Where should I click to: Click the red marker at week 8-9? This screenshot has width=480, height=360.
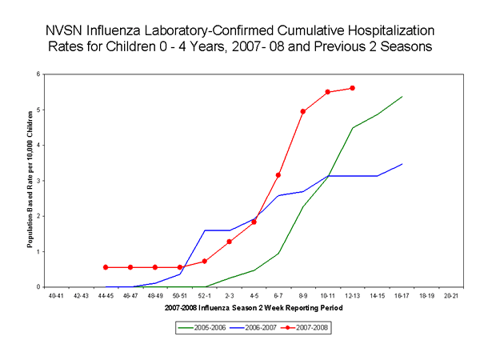pyautogui.click(x=303, y=111)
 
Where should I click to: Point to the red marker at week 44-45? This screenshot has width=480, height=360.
pyautogui.click(x=106, y=267)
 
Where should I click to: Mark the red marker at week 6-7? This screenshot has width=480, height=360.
pyautogui.click(x=278, y=174)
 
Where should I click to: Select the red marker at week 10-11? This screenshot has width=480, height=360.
pyautogui.click(x=328, y=92)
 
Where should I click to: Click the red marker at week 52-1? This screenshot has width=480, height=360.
pyautogui.click(x=205, y=261)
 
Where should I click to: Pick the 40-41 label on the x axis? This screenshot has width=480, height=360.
pyautogui.click(x=56, y=294)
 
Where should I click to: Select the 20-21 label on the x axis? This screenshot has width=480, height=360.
pyautogui.click(x=450, y=294)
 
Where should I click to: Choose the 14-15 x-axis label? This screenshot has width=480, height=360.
pyautogui.click(x=377, y=294)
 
